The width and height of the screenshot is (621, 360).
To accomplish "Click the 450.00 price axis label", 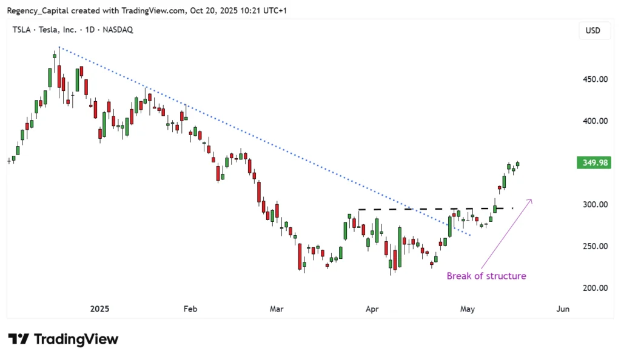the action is [595, 79].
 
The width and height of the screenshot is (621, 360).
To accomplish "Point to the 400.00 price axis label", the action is [595, 121].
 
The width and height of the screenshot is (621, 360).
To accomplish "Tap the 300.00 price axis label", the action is [595, 204].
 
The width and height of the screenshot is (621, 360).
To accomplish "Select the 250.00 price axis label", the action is [595, 246].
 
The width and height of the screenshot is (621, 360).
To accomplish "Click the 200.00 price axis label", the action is [595, 288].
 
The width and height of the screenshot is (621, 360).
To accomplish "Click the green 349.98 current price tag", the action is [594, 162].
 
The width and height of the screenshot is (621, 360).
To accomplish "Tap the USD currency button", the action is [593, 30].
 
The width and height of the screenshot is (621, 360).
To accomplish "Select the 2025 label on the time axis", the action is [99, 309].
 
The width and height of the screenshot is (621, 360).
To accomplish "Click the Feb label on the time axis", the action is [190, 309].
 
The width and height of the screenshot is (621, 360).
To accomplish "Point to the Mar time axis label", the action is [277, 309].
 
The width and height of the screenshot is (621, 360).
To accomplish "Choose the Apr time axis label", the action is [372, 309].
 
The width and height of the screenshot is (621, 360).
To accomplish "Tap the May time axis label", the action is [468, 309].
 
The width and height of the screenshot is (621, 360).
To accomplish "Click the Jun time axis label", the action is [563, 309].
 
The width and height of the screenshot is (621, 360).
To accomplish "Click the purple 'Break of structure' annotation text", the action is [486, 276].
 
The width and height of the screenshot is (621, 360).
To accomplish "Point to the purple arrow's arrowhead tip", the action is [531, 199].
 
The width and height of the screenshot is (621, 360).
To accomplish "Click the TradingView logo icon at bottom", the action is [18, 339].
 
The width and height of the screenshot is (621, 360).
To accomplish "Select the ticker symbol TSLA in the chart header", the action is [21, 30].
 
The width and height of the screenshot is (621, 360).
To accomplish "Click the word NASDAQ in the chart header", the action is [118, 30].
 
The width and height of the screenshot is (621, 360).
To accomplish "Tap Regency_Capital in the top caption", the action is [38, 11].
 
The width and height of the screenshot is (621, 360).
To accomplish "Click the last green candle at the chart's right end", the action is [518, 164].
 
